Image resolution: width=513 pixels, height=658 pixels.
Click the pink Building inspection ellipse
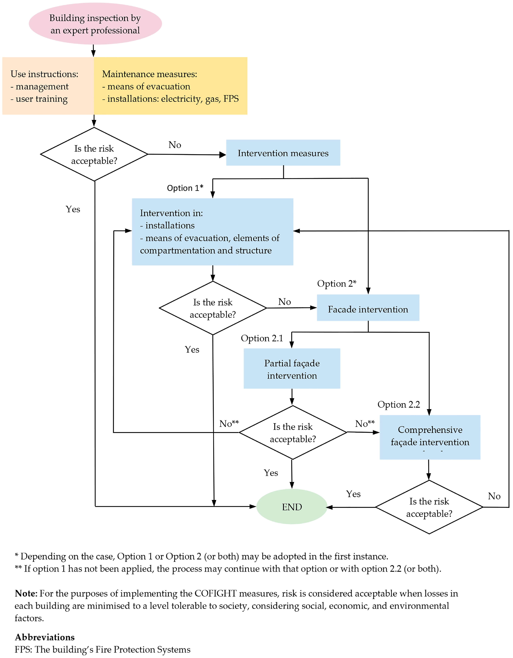[95, 24]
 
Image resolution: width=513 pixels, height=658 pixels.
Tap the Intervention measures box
[283, 153]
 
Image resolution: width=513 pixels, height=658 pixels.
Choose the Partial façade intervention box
[292, 368]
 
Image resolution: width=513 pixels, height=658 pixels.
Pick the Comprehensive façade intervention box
[430, 437]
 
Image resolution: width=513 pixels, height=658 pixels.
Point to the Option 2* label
[336, 284]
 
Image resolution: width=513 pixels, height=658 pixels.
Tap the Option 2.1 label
[262, 338]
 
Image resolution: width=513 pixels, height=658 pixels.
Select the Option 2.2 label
[398, 404]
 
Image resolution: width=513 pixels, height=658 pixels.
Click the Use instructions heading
[44, 74]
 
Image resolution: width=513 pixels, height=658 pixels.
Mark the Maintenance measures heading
[149, 74]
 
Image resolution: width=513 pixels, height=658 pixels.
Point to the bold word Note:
[26, 593]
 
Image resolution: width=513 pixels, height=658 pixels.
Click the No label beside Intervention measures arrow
[175, 145]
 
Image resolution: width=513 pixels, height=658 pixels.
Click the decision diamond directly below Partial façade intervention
[293, 432]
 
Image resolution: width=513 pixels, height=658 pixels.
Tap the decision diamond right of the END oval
[429, 507]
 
